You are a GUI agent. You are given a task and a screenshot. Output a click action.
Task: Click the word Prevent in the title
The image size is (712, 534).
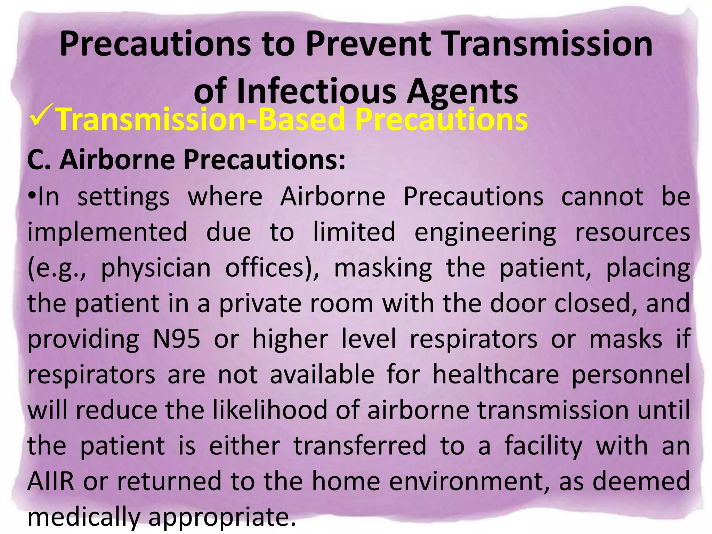click(368, 44)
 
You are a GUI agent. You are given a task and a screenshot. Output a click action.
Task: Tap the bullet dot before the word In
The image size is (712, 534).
click(32, 196)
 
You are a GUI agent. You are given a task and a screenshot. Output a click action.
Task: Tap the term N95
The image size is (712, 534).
click(177, 339)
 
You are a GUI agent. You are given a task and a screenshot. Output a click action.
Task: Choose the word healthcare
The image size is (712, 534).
click(495, 375)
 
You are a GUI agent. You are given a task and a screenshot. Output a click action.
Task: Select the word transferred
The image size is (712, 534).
click(360, 446)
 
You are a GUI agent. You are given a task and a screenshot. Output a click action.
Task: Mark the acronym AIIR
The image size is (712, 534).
click(51, 481)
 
